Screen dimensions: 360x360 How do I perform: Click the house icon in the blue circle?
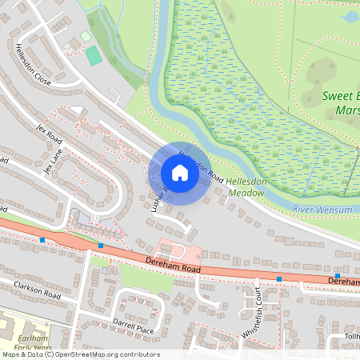[180, 173]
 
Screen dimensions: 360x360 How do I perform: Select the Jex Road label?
[50, 134]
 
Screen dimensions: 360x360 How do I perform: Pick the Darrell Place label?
[133, 328]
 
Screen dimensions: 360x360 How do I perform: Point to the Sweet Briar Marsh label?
[341, 102]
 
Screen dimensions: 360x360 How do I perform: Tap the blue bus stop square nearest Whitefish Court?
[279, 279]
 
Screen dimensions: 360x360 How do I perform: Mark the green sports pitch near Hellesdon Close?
[94, 56]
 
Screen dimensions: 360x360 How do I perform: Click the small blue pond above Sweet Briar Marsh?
[350, 16]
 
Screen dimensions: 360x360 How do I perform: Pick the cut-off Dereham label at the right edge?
[344, 282]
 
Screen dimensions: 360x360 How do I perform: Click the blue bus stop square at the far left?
[42, 239]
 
